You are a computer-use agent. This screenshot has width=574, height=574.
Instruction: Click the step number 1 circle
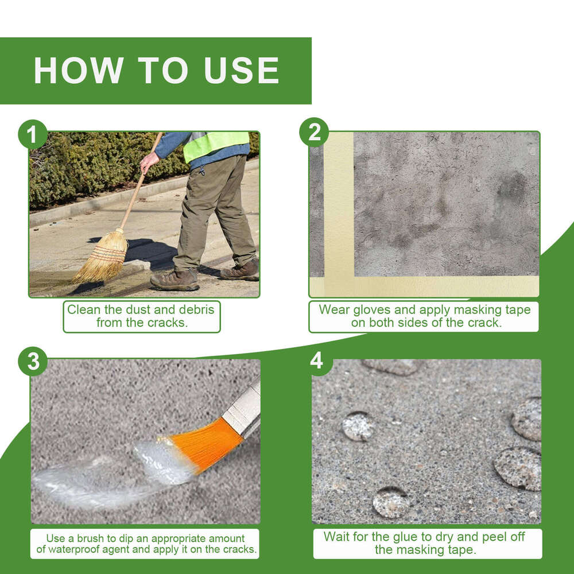(x=33, y=134)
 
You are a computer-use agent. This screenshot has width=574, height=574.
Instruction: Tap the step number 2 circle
(x=314, y=132)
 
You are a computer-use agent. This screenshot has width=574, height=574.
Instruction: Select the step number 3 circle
(x=33, y=361)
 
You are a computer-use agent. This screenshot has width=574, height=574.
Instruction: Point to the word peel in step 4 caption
(x=491, y=537)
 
